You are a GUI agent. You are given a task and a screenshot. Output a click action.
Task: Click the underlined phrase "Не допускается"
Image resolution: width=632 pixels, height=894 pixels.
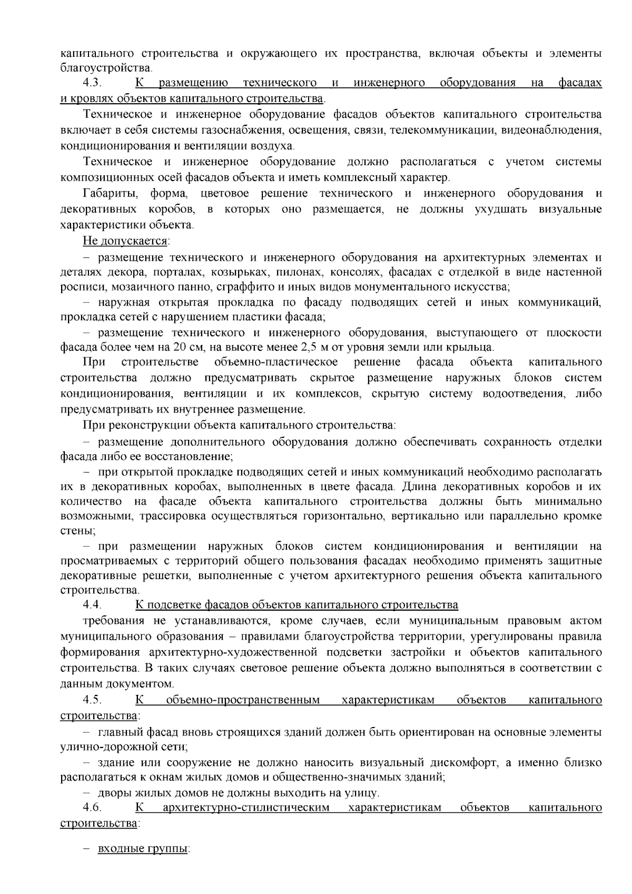click(x=125, y=241)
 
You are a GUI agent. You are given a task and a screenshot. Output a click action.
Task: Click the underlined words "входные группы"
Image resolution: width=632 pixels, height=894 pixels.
click(x=142, y=850)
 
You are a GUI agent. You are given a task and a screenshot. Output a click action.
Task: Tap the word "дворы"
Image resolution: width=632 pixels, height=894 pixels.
click(x=113, y=793)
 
